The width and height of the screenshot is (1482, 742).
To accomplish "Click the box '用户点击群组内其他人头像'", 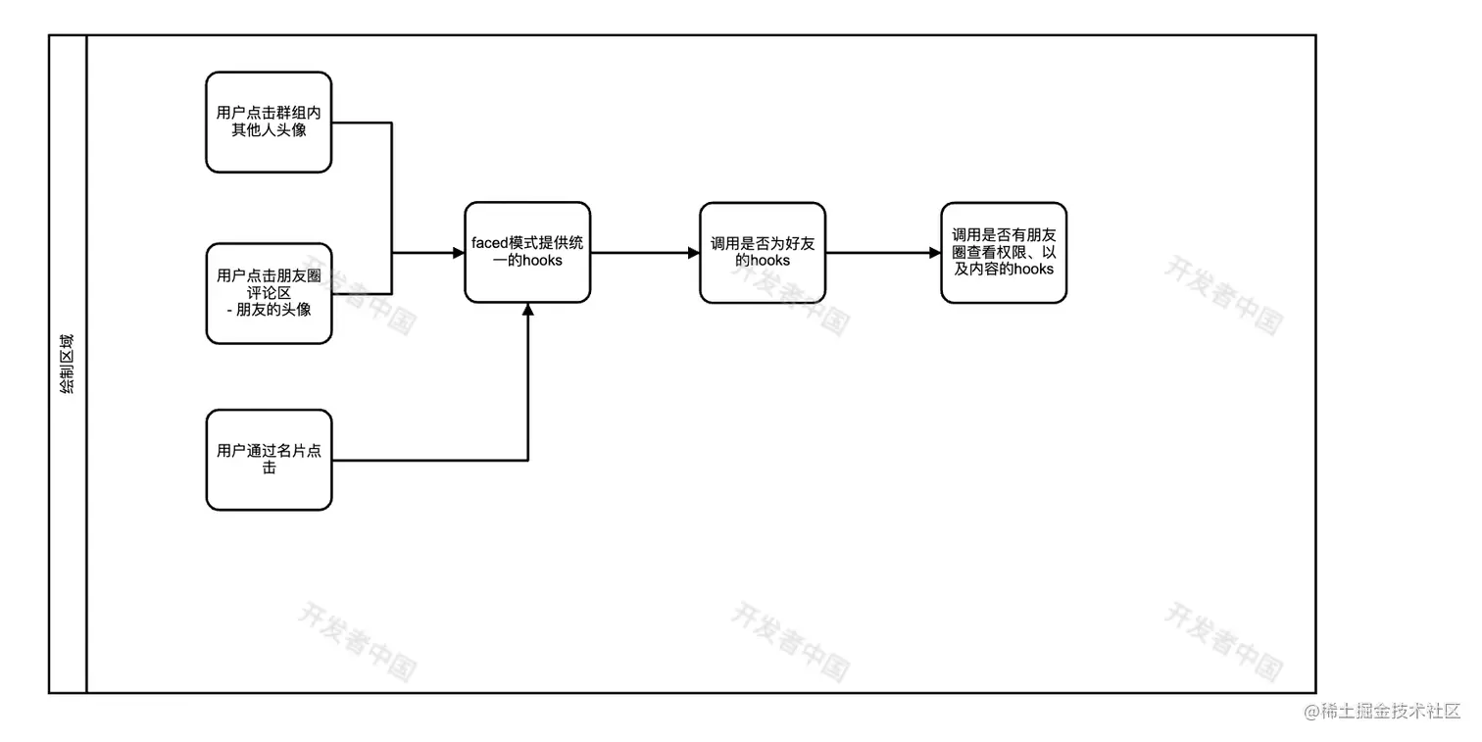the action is click(x=269, y=122).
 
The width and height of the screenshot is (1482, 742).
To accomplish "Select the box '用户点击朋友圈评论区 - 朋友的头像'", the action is click(x=269, y=293).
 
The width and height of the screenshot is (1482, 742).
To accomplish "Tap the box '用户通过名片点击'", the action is click(x=269, y=460).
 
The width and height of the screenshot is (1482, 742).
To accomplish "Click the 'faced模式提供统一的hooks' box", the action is click(x=527, y=253).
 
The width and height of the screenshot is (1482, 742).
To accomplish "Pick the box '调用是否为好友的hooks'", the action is click(x=763, y=253).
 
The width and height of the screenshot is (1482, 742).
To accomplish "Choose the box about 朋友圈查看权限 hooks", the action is click(x=1003, y=253).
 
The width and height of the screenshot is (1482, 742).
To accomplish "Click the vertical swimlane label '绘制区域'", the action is click(x=67, y=364).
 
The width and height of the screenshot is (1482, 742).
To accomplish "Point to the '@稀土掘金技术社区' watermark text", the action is click(x=1382, y=711).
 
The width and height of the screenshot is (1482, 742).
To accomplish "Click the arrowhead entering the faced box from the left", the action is click(x=459, y=253).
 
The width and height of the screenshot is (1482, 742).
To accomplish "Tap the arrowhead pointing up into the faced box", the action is click(x=528, y=309).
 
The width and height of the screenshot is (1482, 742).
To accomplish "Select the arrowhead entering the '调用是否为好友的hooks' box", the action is click(x=694, y=253).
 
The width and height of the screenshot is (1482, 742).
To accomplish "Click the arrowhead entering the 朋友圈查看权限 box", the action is click(x=935, y=253).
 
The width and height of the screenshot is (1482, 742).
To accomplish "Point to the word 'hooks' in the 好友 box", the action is click(x=770, y=262).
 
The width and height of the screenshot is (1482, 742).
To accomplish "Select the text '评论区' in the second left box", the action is click(x=269, y=293).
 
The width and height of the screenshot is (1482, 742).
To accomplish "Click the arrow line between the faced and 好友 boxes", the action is click(x=642, y=253).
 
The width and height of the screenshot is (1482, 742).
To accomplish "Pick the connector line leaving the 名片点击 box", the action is click(x=431, y=460).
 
